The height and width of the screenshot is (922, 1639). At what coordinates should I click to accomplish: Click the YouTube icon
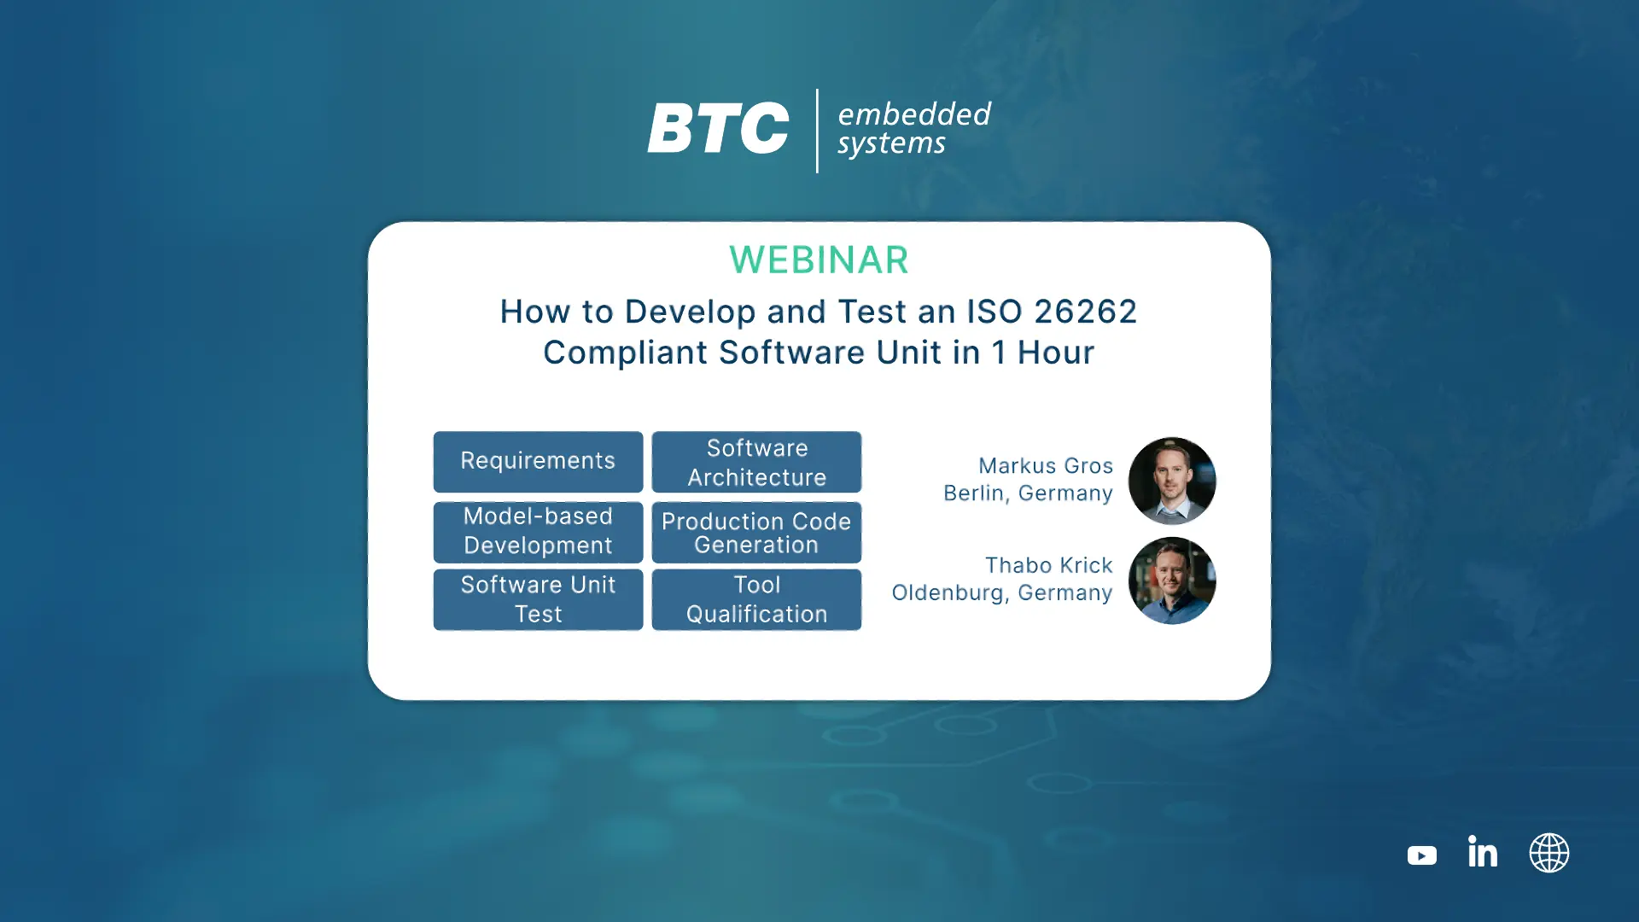pyautogui.click(x=1422, y=855)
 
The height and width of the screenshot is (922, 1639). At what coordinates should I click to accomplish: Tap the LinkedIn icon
pyautogui.click(x=1483, y=851)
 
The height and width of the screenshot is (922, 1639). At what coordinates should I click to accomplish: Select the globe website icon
pyautogui.click(x=1549, y=853)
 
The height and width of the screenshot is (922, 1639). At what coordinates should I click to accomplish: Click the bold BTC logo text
pyautogui.click(x=719, y=129)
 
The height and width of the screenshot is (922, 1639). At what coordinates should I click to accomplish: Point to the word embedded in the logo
pyautogui.click(x=914, y=114)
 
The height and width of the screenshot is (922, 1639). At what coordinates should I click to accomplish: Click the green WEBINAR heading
pyautogui.click(x=819, y=260)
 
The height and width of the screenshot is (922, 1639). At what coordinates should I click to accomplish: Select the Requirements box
pyautogui.click(x=538, y=462)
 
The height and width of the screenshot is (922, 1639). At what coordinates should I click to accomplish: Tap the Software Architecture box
pyautogui.click(x=756, y=462)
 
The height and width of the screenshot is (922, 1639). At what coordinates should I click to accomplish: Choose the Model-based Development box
pyautogui.click(x=538, y=532)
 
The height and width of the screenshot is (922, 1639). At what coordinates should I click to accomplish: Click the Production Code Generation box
pyautogui.click(x=756, y=532)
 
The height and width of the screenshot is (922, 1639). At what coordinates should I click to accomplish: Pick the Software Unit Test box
pyautogui.click(x=538, y=599)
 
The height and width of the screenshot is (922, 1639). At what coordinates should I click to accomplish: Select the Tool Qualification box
pyautogui.click(x=756, y=599)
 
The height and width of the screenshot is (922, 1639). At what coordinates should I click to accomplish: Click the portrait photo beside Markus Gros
pyautogui.click(x=1172, y=481)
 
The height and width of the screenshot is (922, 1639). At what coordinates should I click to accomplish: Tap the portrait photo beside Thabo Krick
pyautogui.click(x=1172, y=581)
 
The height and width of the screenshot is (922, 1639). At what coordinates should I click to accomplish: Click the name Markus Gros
pyautogui.click(x=1046, y=466)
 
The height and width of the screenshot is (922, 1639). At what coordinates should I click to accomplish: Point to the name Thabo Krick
pyautogui.click(x=1049, y=565)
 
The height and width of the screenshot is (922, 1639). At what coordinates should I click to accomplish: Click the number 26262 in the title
pyautogui.click(x=1086, y=312)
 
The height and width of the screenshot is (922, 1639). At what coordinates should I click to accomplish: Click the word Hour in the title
pyautogui.click(x=1056, y=353)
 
